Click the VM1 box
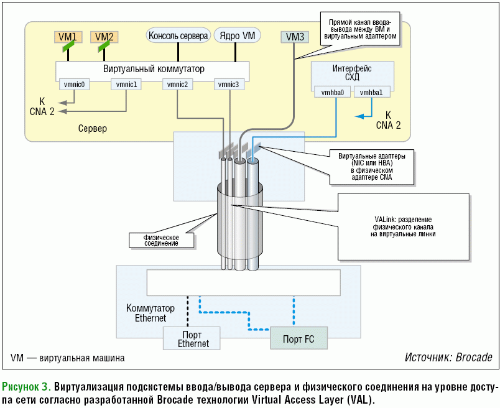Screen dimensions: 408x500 pos(67,37)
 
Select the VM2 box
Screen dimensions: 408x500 pos(104,37)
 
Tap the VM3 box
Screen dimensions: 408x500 pos(293,37)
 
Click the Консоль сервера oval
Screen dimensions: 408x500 pos(178,35)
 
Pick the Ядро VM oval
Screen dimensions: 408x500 pos(238,35)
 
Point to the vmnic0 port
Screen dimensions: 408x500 pos(74,84)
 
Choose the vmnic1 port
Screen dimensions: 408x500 pos(126,84)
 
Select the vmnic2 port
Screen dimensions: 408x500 pos(177,84)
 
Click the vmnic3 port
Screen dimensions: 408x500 pos(229,84)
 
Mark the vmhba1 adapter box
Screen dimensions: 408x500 pos(373,92)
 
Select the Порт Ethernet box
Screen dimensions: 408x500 pos(193,339)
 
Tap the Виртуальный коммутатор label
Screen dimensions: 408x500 pos(154,68)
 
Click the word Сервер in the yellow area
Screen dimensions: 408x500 pos(93,129)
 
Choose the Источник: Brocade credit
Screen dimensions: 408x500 pos(448,358)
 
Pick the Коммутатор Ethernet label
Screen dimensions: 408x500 pos(146,313)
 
